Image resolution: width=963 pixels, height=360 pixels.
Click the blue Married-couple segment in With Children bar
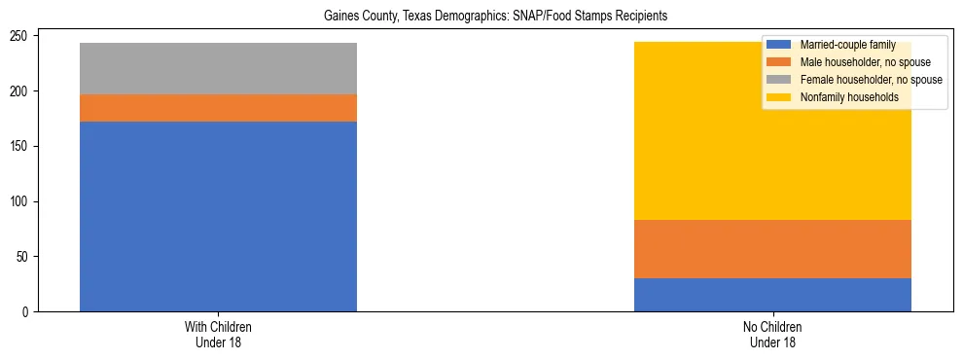[x=218, y=216]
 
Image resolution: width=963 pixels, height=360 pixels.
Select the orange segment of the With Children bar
[x=218, y=108]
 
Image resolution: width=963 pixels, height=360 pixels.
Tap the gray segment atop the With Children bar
[x=218, y=68]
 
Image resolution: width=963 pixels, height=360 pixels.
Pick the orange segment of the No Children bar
[x=772, y=249]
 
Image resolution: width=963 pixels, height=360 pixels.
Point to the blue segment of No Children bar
[x=772, y=295]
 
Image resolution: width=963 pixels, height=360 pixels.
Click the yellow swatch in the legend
[x=779, y=97]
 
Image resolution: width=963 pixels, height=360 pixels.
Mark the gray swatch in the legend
[x=779, y=80]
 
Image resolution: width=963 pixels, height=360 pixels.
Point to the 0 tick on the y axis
[x=30, y=312]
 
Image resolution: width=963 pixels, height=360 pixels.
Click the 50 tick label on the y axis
[x=27, y=257]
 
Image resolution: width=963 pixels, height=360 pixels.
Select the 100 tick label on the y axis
[x=24, y=201]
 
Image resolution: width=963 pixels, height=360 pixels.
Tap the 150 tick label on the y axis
[x=24, y=146]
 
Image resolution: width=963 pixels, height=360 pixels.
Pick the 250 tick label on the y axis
[x=24, y=36]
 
